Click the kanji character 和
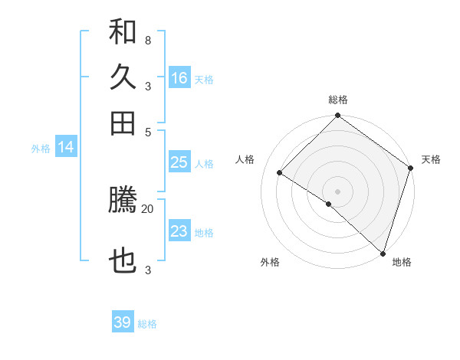[x=123, y=32]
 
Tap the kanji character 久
[x=123, y=77]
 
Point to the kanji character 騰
[x=123, y=200]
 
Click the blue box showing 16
[x=179, y=78]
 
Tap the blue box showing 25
[x=179, y=162]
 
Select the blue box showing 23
[x=179, y=231]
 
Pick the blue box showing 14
[x=66, y=147]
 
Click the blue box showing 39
[x=123, y=322]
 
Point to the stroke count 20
[x=147, y=208]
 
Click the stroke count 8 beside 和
[x=147, y=40]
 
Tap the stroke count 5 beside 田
[x=147, y=131]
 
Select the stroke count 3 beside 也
[x=147, y=270]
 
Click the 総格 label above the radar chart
[x=338, y=100]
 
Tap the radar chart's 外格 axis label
[x=270, y=262]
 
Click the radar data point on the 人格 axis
[x=280, y=172]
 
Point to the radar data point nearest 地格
[x=383, y=253]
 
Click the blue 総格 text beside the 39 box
[x=147, y=324]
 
